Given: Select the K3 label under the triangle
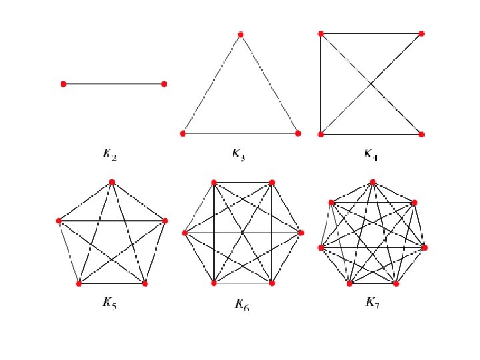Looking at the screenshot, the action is [239, 155].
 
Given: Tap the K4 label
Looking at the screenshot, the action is [370, 155].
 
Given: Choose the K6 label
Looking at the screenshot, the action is [241, 305].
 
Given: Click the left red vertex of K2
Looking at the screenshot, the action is [63, 84].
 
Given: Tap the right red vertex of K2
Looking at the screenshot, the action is [164, 84].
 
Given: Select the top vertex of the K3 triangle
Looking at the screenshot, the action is [240, 34].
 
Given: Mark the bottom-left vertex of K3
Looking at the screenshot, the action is [183, 133].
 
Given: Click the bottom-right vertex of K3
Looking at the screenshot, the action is [297, 133].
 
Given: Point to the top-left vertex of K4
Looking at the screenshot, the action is [321, 33].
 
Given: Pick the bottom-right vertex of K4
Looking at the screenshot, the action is [421, 134].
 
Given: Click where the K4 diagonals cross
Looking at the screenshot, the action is [371, 83].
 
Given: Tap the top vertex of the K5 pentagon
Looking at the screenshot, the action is [112, 181].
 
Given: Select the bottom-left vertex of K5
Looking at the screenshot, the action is [79, 283].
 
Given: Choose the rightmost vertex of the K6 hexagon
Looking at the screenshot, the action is [301, 233].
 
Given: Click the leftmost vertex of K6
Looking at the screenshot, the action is [185, 233].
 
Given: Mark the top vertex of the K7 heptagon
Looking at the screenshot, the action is [372, 181].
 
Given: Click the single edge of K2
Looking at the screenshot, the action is [113, 84].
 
